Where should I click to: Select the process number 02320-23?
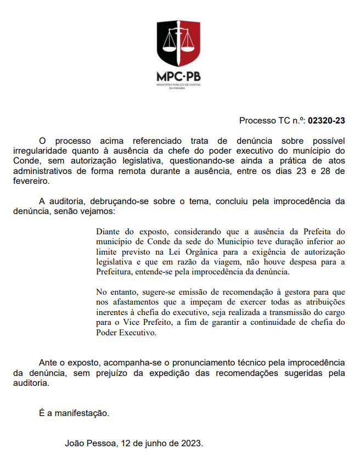pos(327,121)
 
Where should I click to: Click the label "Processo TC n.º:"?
pos(272,121)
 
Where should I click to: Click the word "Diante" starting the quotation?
pos(109,231)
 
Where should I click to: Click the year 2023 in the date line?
pos(192,443)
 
